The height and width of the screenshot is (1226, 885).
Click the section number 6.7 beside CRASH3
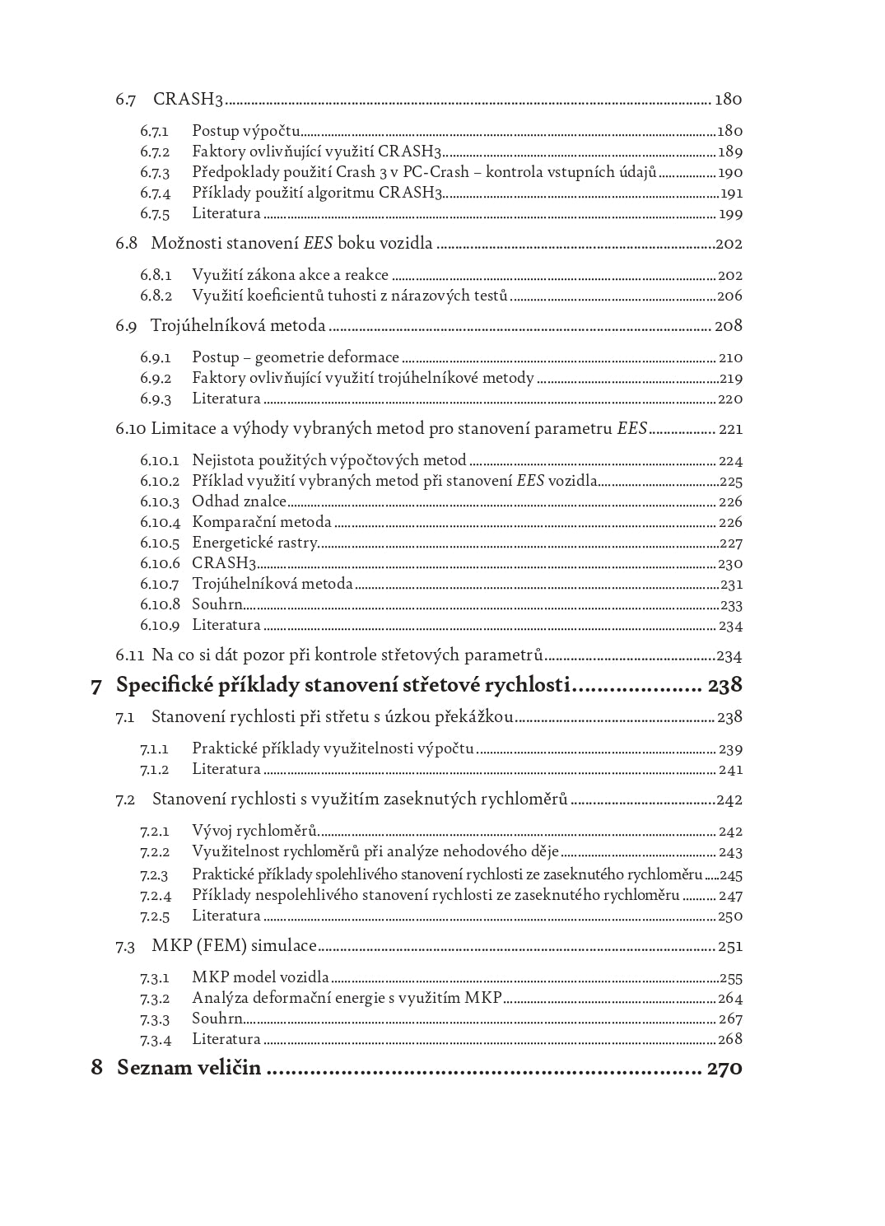coord(125,100)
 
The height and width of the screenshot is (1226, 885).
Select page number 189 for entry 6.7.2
coord(729,152)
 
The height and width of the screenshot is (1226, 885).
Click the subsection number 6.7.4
coord(155,193)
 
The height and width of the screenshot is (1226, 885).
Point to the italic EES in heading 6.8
coord(318,244)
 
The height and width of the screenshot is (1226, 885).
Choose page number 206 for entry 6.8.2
coord(729,296)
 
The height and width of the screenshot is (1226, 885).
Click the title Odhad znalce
coord(239,501)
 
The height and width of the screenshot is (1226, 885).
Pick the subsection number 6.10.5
coord(159,543)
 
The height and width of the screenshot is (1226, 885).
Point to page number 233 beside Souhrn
coord(731,605)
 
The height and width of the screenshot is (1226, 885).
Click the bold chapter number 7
coord(96,686)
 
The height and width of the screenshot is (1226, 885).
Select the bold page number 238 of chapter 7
coord(724,685)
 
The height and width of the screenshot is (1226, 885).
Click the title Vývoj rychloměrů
coord(254,832)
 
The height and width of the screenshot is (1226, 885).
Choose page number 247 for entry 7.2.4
coord(730,896)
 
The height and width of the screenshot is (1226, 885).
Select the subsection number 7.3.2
coord(155,999)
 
